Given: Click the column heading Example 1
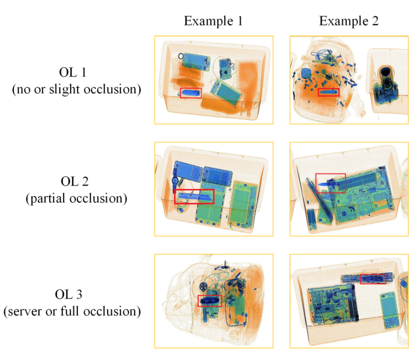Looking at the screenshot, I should point(213,21).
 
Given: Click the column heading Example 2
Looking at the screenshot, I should point(348,21).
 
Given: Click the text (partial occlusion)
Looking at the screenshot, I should point(76,198).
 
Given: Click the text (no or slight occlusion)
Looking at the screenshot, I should point(76,89).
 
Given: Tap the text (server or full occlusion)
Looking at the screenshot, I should point(72,311).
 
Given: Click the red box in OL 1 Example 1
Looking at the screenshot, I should point(191,92).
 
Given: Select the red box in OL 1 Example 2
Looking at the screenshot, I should point(329,92).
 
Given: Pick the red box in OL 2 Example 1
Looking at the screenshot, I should point(194,196).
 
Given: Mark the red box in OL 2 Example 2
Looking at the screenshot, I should point(330,183).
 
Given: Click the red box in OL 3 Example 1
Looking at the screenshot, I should point(209,301).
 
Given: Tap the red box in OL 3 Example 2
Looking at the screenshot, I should point(373,279).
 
